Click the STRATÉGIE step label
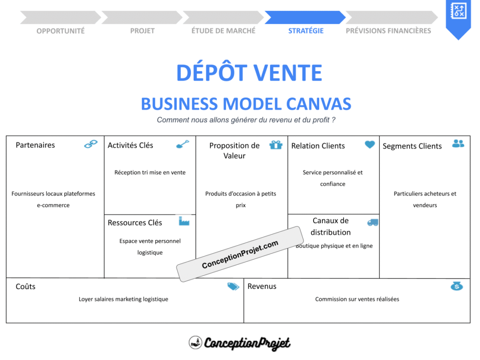306,31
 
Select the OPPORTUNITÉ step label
60,31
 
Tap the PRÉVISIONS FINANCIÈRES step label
388,31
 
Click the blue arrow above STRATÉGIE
305,17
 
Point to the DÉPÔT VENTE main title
249,73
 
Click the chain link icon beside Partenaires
91,144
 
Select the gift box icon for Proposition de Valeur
276,145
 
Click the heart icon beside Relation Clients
370,145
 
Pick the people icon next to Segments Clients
458,144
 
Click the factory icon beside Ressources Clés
184,221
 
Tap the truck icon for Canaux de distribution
373,222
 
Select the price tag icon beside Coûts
233,286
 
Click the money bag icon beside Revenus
457,286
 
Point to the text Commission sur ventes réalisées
357,299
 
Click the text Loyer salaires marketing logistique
123,299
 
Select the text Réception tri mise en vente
150,172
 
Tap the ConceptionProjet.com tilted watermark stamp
240,254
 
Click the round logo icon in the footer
195,343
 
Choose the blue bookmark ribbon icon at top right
457,18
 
